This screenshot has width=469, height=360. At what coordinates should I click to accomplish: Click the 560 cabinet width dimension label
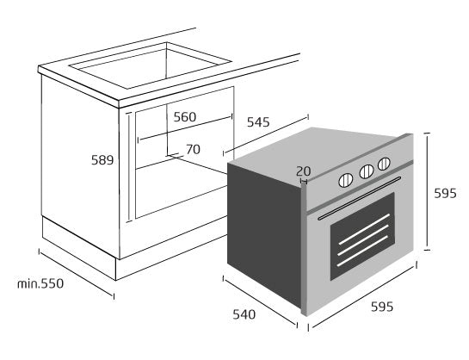tap(185, 117)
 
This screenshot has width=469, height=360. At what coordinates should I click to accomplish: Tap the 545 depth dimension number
tap(258, 122)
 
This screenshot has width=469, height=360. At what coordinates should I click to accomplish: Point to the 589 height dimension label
tap(102, 160)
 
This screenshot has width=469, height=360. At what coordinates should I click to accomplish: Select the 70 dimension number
tap(193, 149)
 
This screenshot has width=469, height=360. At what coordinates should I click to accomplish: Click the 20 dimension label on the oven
tap(303, 171)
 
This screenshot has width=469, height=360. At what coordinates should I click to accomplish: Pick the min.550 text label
tap(40, 283)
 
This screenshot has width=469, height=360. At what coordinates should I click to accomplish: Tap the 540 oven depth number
tap(244, 314)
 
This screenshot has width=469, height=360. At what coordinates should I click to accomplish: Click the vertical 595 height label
tap(446, 193)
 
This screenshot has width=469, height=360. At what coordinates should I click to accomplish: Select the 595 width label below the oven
tap(382, 307)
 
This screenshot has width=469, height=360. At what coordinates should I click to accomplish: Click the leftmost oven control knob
tap(345, 181)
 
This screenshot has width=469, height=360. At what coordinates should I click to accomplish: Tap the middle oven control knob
tap(367, 171)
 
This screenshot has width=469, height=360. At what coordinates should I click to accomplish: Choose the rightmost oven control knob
tap(384, 164)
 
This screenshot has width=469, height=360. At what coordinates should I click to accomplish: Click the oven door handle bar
tap(359, 198)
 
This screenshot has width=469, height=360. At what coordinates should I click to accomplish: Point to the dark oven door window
tap(362, 236)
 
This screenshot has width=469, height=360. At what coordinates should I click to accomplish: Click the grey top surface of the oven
tap(317, 152)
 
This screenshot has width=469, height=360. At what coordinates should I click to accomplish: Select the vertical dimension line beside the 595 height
tap(427, 191)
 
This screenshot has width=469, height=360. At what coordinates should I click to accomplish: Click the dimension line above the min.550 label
tap(77, 274)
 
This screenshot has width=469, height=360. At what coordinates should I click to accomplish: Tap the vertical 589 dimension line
tap(129, 167)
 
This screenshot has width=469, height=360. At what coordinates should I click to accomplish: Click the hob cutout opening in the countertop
tap(151, 65)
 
